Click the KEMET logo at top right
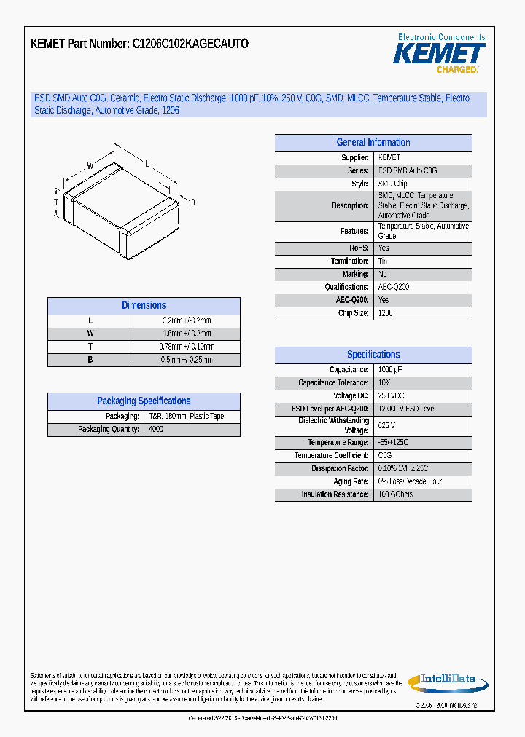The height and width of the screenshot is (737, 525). (440, 54)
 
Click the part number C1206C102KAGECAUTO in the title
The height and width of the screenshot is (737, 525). (190, 44)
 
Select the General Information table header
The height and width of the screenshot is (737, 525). (373, 143)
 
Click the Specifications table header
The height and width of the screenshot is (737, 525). (373, 355)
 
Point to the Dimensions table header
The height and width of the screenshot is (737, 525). (144, 306)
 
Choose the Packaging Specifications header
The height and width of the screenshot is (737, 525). (144, 401)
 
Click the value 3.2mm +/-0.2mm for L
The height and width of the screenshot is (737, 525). (187, 320)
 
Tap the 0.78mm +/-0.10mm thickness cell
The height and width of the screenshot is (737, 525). (187, 347)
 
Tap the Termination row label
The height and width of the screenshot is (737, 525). (350, 261)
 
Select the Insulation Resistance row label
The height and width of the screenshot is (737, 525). (335, 495)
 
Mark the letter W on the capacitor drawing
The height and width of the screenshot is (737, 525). (90, 166)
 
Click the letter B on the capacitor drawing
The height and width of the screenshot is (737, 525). (193, 202)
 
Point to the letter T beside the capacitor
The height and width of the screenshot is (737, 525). (56, 202)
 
